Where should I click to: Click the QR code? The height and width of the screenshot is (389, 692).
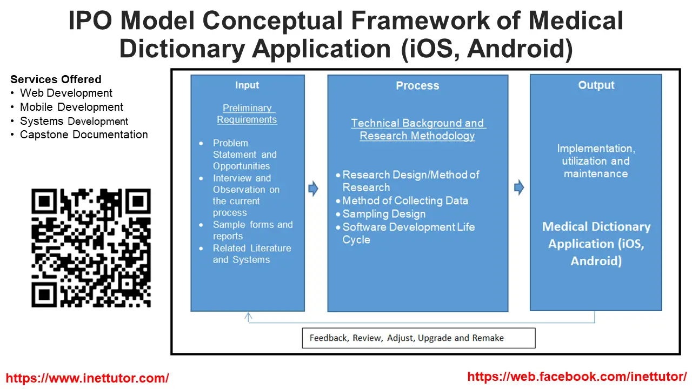91,248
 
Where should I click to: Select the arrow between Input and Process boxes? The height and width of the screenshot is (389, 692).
313,189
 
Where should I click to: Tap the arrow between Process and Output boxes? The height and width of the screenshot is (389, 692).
519,187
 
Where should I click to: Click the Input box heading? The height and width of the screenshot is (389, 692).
247,85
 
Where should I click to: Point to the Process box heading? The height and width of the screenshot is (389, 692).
417,85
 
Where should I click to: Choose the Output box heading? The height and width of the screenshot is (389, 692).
596,85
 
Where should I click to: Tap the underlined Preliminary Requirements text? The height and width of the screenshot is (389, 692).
247,114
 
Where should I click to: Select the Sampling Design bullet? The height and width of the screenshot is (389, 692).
384,214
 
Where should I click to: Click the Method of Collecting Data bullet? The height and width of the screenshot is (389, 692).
405,201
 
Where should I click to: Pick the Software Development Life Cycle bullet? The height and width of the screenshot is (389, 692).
408,233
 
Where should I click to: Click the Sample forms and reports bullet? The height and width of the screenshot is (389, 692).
252,231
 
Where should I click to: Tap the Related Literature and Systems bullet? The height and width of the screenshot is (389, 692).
252,254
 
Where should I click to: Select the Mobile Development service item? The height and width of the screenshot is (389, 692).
71,107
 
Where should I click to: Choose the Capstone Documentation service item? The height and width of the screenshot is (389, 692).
84,135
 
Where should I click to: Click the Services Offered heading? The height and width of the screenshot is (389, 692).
56,79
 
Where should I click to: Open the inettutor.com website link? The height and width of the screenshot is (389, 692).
88,378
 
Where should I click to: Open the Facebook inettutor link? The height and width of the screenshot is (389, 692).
577,377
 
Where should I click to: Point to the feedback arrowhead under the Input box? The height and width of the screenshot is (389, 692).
249,317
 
